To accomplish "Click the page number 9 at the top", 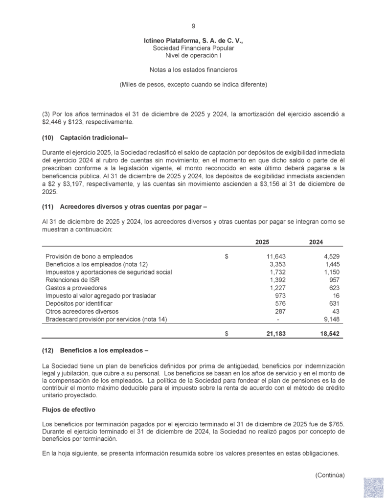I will tap(194, 26).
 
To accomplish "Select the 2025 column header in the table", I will tap(262, 242).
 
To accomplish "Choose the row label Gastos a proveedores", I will tap(76, 288).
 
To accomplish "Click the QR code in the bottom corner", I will tap(373, 487).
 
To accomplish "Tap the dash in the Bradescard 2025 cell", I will tap(278, 319).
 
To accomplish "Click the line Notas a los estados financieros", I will tap(193, 70).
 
